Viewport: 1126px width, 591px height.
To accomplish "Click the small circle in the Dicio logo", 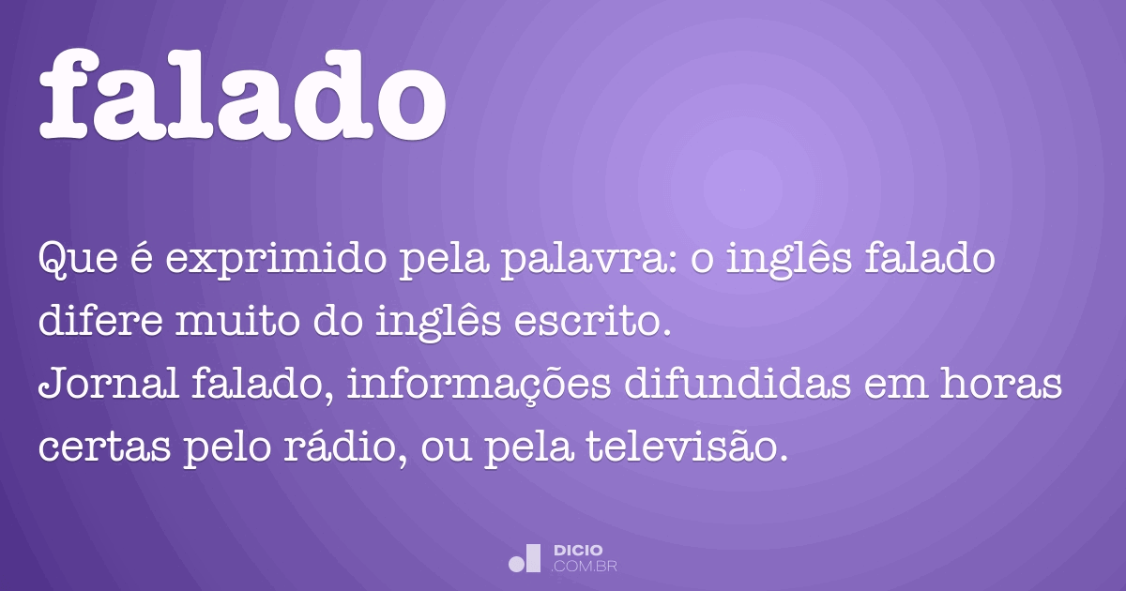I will pos(516,564).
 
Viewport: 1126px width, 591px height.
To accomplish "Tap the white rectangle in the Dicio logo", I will pos(533,557).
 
